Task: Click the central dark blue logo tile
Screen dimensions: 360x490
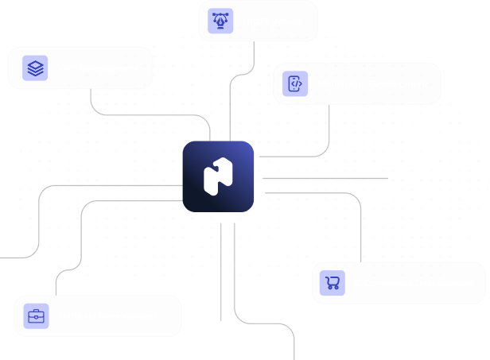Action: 218,176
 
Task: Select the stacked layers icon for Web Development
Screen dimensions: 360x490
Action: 35,68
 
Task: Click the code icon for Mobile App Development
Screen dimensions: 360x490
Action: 295,83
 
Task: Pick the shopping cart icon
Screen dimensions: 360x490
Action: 332,283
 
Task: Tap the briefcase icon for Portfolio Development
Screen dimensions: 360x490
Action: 36,315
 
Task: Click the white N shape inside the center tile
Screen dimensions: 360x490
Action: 218,176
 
